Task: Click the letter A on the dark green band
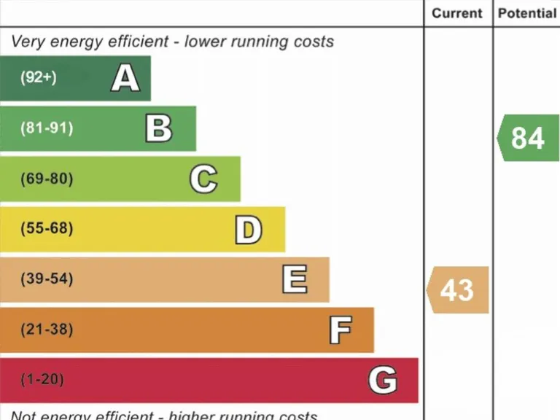(x=125, y=78)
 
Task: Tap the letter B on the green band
(x=159, y=128)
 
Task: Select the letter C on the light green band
(x=203, y=179)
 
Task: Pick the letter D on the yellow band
(x=248, y=230)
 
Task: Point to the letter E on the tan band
(x=295, y=279)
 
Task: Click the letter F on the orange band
(x=340, y=330)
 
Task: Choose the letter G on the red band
(x=383, y=381)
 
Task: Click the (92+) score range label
(x=39, y=77)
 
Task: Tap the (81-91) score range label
(x=47, y=128)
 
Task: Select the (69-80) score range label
(x=47, y=179)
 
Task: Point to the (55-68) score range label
(x=47, y=229)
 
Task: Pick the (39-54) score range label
(x=47, y=279)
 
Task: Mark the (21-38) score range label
(x=47, y=330)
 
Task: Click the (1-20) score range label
(x=42, y=380)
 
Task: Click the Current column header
(x=457, y=13)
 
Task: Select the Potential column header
(x=527, y=13)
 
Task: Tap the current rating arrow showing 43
(x=457, y=290)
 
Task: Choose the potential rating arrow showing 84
(x=528, y=138)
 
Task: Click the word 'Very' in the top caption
(x=28, y=42)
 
